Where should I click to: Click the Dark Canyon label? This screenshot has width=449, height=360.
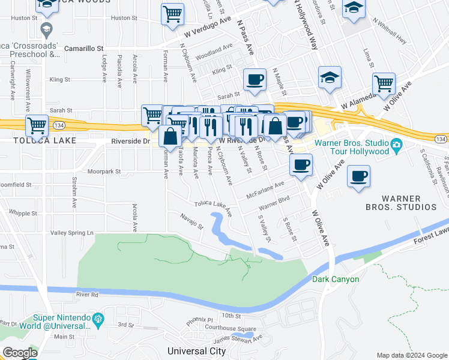point(336,279)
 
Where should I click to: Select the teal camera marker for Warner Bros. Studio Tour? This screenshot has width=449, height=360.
point(396,145)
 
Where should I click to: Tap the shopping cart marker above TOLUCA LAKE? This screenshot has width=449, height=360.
point(37,125)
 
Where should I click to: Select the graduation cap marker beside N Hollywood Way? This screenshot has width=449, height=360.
point(330,77)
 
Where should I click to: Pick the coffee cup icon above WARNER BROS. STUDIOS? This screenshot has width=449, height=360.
point(358,176)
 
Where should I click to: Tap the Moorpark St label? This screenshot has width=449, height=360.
point(104,171)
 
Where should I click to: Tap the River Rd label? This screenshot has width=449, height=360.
point(87,295)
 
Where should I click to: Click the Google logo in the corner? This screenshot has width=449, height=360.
point(20,353)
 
